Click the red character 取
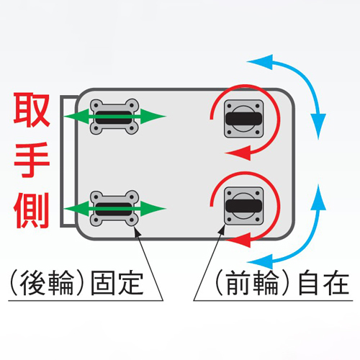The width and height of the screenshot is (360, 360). (32, 109)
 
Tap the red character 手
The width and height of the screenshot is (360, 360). (32, 160)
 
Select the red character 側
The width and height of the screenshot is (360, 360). (32, 210)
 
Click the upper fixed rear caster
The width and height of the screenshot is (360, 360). (114, 117)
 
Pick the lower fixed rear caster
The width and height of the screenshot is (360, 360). (114, 208)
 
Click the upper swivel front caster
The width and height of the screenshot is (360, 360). (243, 119)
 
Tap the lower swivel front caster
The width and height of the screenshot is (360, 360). (243, 206)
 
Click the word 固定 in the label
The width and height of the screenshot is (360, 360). (117, 283)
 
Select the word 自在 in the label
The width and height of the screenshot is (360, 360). (323, 283)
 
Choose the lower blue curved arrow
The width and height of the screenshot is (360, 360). (308, 247)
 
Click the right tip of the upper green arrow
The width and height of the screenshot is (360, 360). (166, 117)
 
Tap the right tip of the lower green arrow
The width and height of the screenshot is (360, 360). (166, 208)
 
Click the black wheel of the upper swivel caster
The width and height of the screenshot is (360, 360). (243, 119)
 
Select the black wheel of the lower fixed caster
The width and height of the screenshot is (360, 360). (114, 209)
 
